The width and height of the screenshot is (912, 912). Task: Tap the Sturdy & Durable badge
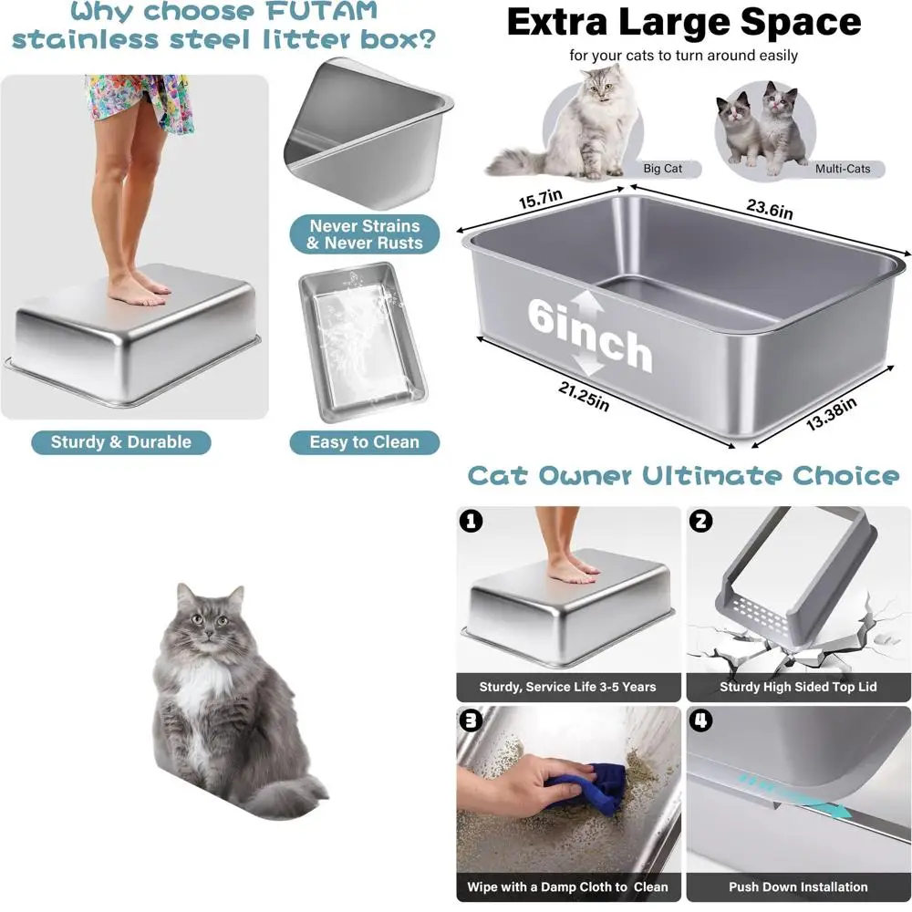121,442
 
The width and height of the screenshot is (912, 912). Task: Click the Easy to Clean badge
364,442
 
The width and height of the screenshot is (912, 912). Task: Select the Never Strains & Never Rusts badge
364,234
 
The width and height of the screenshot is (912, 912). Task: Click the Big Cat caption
662,169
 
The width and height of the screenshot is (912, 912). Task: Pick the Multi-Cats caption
842,169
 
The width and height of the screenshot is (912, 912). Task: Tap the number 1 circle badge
471,522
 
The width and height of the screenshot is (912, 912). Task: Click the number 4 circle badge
701,720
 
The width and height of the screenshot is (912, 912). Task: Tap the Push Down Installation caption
798,886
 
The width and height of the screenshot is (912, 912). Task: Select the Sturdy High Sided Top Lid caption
798,687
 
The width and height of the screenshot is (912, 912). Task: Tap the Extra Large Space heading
683,22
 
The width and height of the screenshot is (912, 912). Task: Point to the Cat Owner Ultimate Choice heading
683,476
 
